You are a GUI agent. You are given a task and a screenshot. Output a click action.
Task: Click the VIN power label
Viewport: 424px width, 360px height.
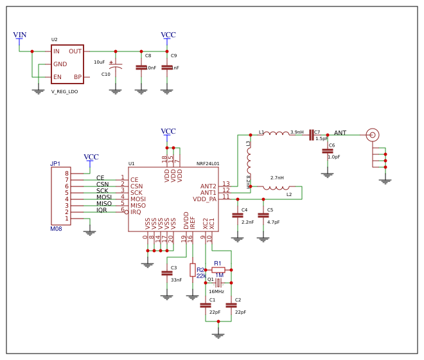[20, 35]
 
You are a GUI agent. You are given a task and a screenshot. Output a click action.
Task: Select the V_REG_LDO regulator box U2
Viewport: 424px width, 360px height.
[67, 64]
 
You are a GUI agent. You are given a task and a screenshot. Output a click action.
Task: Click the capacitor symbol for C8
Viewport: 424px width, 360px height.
[141, 67]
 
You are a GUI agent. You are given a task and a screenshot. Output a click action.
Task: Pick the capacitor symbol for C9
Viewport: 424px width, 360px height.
[167, 67]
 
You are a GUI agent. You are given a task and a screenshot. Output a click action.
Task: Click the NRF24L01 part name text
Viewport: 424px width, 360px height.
[208, 164]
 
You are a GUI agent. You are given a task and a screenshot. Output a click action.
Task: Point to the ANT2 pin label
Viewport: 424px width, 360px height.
[208, 186]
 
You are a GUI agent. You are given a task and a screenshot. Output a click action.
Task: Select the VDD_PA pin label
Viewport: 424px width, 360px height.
[205, 199]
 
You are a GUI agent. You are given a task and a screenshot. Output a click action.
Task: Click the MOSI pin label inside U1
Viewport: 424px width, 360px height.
[137, 199]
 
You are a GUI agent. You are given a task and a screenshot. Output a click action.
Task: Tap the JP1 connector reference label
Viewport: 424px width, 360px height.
[55, 164]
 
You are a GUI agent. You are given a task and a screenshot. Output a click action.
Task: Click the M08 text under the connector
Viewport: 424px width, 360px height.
[57, 229]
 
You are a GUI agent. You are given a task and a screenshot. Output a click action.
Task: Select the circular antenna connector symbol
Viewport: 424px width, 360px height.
[372, 135]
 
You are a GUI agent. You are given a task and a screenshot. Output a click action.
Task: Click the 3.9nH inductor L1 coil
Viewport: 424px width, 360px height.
[276, 134]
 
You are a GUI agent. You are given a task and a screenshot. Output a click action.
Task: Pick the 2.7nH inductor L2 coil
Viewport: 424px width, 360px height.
[276, 188]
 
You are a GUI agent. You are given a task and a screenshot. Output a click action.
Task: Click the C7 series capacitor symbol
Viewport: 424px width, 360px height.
[311, 135]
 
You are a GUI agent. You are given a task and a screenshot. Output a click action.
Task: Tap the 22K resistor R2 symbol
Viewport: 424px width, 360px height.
[193, 270]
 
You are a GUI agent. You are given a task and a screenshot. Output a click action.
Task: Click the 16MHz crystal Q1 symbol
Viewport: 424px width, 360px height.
[218, 283]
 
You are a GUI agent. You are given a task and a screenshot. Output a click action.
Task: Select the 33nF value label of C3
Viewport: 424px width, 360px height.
[176, 280]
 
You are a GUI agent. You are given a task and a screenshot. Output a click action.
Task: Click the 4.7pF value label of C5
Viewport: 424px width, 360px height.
[273, 222]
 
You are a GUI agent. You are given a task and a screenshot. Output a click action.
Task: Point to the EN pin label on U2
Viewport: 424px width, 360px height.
[57, 77]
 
